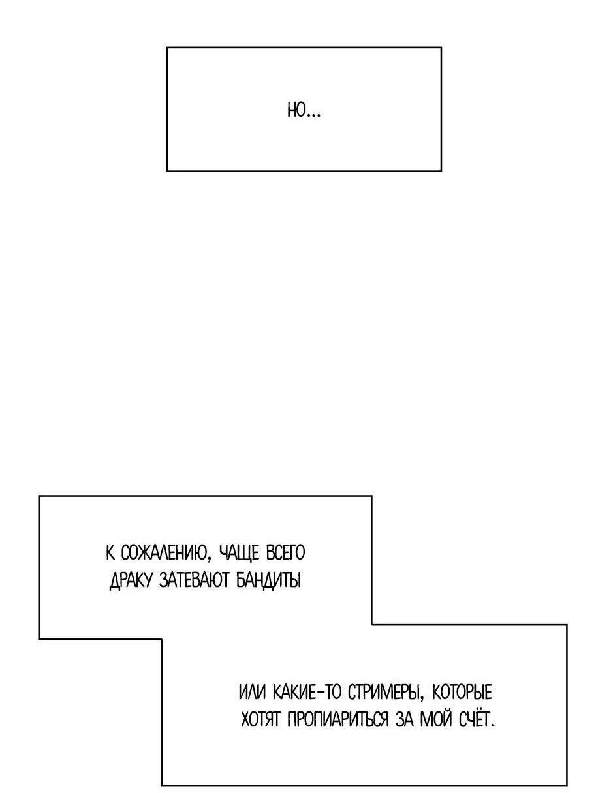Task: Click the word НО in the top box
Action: click(x=296, y=110)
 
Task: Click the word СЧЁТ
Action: click(x=475, y=719)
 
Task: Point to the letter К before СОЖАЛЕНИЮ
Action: click(x=110, y=553)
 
